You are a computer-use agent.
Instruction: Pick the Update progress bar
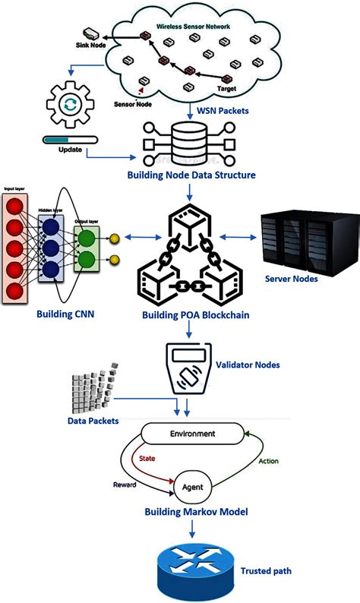click(x=69, y=138)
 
